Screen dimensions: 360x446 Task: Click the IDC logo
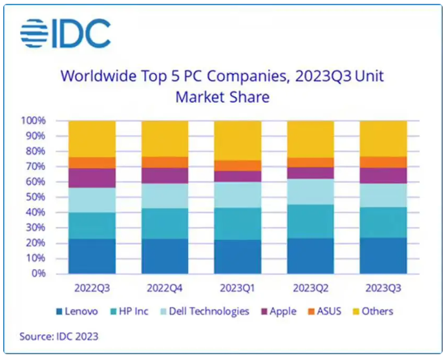point(65,33)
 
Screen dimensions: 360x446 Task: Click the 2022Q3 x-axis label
point(92,288)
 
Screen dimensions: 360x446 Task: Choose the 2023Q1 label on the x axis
point(237,288)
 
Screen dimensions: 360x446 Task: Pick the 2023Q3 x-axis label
point(383,288)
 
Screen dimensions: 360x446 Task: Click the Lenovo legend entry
point(76,312)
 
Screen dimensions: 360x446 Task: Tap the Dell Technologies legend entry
point(202,312)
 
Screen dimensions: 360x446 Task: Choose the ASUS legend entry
point(321,312)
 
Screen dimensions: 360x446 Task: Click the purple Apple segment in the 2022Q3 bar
point(92,178)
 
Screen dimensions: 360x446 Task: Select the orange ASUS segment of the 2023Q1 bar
point(237,165)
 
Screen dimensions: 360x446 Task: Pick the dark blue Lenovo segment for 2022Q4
point(165,256)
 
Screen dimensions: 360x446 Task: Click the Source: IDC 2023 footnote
point(60,336)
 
